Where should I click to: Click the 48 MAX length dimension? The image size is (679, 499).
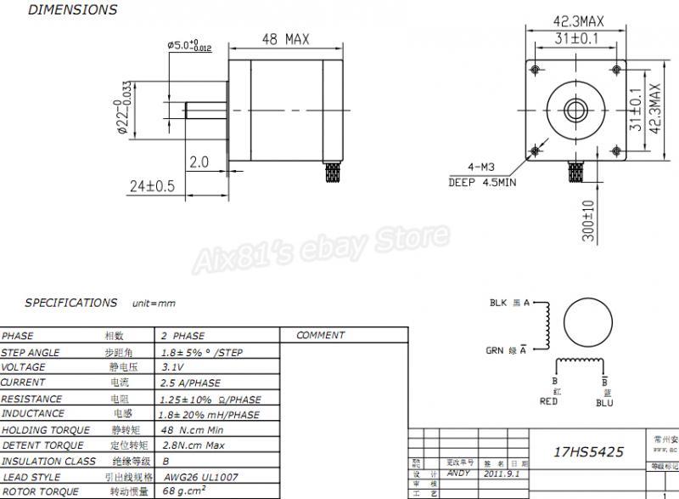284,40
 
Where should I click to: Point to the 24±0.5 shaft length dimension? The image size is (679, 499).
151,185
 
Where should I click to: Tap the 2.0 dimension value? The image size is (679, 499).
199,162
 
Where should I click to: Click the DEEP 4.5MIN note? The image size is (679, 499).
481,181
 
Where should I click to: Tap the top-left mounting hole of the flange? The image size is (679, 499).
536,67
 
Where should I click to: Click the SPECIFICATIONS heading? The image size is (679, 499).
71,303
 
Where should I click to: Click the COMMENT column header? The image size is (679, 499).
321,336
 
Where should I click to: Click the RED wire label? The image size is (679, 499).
548,401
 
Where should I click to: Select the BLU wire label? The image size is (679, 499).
604,402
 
